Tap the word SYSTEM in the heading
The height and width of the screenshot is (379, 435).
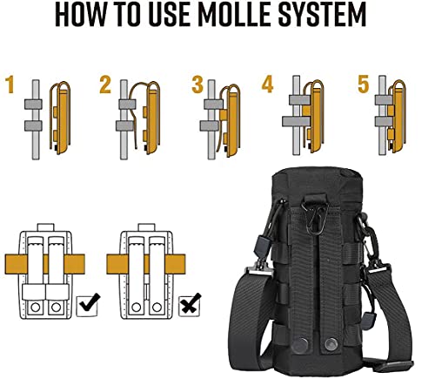[x=322, y=15]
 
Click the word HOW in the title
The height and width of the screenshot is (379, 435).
[x=80, y=15]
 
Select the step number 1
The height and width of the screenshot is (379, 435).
[x=10, y=85]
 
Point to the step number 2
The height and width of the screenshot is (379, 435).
[x=105, y=85]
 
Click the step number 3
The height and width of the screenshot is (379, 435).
[x=197, y=85]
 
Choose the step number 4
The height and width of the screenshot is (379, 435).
[x=267, y=84]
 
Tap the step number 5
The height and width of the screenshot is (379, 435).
[x=363, y=84]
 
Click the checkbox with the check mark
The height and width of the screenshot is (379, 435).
[x=87, y=305]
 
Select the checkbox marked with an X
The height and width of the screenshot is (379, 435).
[x=190, y=305]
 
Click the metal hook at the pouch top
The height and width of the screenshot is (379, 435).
[x=315, y=217]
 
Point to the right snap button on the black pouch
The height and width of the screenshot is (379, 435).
[x=331, y=344]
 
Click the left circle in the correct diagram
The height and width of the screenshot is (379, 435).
[x=36, y=307]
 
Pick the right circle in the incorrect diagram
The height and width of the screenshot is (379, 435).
[x=157, y=307]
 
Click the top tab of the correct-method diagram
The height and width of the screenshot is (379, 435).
[x=46, y=227]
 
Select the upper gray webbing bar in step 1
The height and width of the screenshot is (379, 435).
[x=33, y=105]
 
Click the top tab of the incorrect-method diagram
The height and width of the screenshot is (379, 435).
[x=146, y=227]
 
